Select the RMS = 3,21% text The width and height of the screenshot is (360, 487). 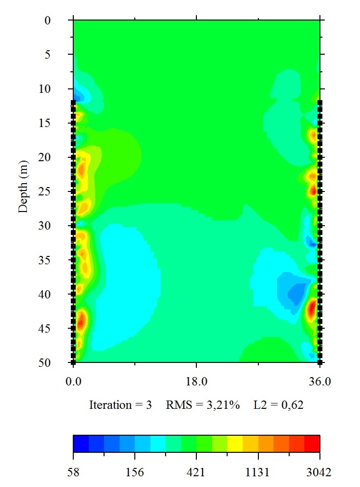point(203,405)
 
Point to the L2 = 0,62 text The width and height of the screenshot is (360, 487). point(278,405)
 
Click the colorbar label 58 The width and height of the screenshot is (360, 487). point(73,472)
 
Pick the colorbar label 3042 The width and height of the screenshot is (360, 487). point(319,472)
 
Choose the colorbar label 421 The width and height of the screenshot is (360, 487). point(196,472)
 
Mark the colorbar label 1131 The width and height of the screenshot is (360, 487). point(258,472)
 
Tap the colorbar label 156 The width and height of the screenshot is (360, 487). point(135,472)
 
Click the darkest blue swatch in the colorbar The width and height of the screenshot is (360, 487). point(81,443)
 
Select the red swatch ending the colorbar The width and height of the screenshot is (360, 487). point(312,443)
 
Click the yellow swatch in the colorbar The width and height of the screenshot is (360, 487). point(235,443)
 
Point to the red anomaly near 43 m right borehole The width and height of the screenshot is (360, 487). point(312,309)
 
